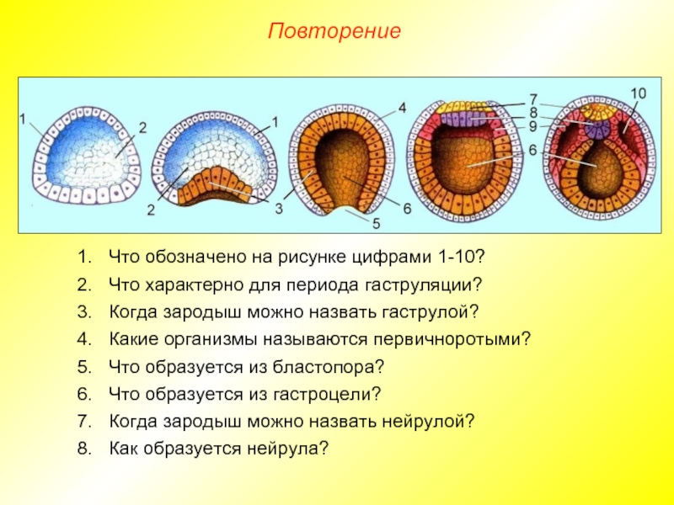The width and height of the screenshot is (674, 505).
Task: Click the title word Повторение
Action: pyautogui.click(x=334, y=32)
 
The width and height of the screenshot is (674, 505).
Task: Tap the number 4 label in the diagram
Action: pyautogui.click(x=403, y=108)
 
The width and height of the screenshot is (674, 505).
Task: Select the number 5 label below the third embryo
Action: pyautogui.click(x=377, y=224)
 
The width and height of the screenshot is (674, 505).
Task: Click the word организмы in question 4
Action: pyautogui.click(x=200, y=338)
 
